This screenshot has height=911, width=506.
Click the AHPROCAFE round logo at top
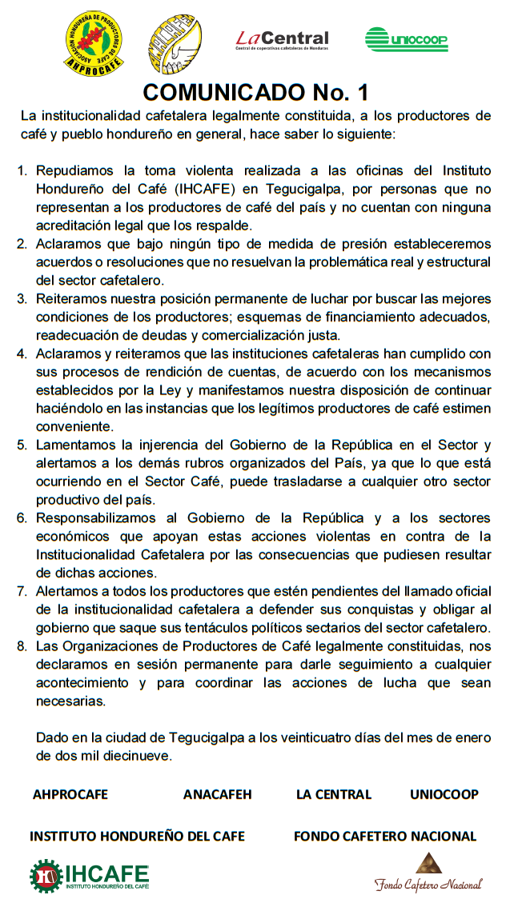click(x=94, y=43)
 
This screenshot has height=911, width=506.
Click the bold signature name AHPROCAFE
click(x=70, y=794)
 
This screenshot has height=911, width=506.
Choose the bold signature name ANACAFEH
click(x=217, y=794)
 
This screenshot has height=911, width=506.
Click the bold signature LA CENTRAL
click(x=334, y=794)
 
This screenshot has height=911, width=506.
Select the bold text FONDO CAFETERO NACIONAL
click(x=385, y=836)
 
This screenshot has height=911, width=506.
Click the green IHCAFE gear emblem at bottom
click(x=46, y=875)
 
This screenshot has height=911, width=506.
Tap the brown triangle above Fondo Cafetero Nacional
click(x=428, y=864)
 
